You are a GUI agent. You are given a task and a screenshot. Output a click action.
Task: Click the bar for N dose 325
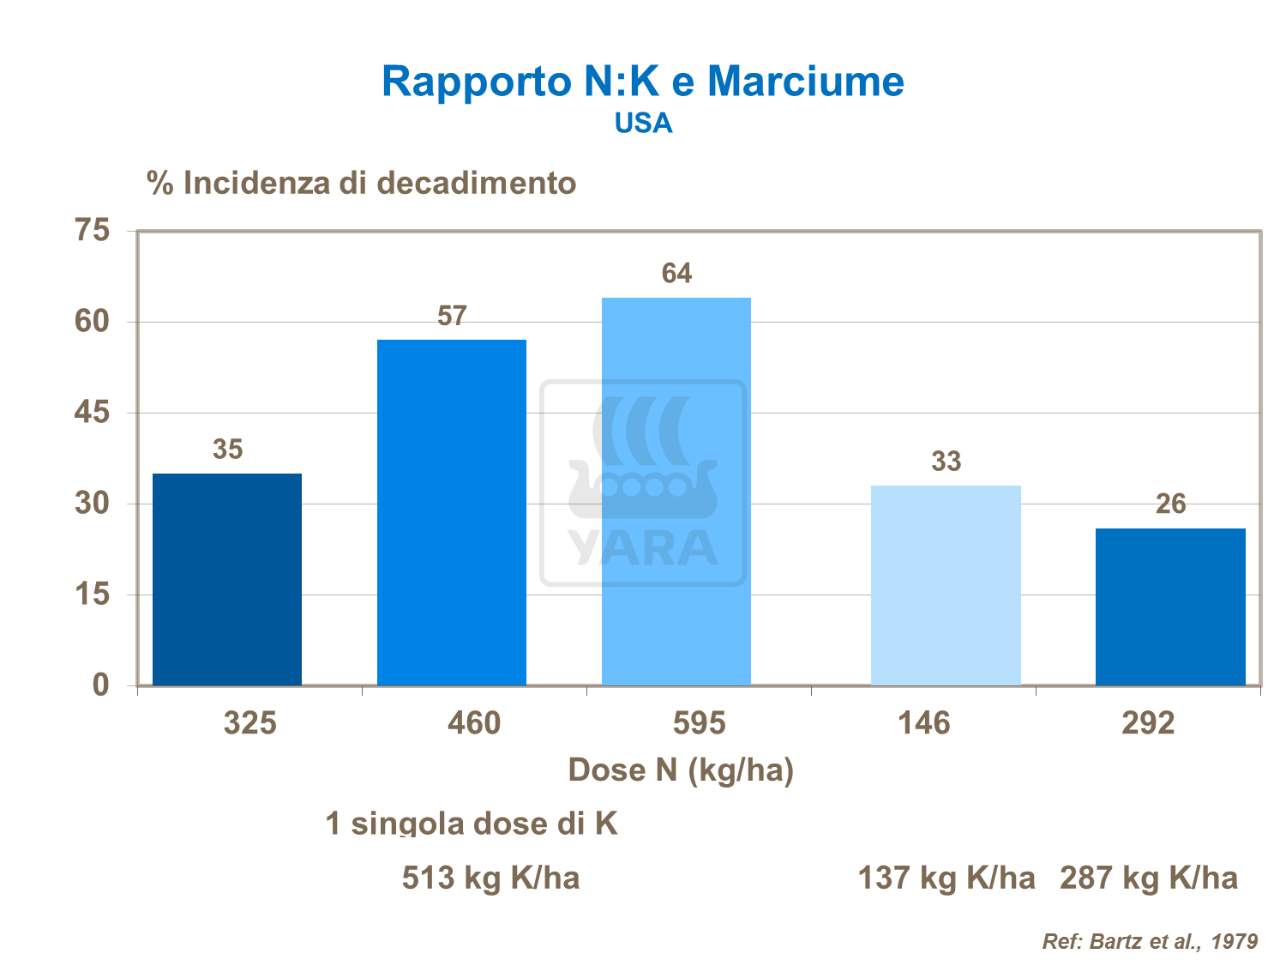click(227, 579)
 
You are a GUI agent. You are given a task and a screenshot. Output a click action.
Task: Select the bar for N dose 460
click(452, 512)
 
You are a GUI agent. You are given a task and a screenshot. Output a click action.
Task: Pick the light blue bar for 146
click(946, 585)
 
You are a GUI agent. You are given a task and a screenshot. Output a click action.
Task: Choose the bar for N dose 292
click(1170, 607)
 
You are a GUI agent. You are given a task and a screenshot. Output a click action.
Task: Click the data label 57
click(452, 317)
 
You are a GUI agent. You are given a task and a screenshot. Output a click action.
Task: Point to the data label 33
click(946, 462)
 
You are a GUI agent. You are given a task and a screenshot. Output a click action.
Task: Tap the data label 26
click(1170, 504)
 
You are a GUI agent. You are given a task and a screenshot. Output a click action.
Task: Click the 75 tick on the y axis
click(93, 231)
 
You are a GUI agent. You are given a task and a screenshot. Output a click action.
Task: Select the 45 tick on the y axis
click(93, 413)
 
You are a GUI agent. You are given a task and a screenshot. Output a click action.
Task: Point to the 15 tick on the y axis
click(93, 594)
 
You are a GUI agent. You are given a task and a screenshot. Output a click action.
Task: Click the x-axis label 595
click(699, 723)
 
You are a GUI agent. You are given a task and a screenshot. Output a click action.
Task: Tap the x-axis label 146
click(923, 723)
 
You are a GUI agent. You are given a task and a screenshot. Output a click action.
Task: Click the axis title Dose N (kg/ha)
click(681, 770)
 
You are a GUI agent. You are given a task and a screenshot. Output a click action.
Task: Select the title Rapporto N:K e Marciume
click(642, 82)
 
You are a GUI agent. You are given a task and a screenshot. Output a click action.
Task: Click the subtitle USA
click(643, 124)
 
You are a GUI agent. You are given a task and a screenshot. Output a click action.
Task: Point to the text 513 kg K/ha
click(490, 878)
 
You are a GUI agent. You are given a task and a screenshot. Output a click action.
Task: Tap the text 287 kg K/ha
click(1149, 878)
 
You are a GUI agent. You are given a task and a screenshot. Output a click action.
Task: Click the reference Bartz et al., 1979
click(1150, 941)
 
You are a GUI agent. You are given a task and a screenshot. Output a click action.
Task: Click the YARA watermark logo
click(643, 483)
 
